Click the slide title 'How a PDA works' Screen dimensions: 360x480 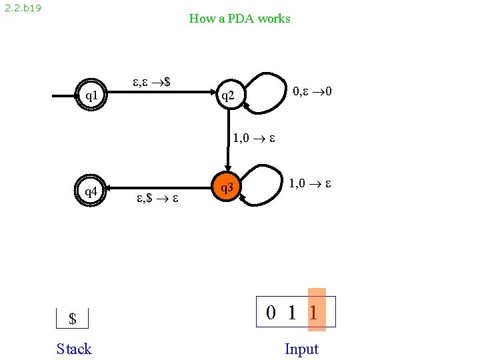[x=239, y=19]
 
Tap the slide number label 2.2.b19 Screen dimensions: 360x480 [x=23, y=10]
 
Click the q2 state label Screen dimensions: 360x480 [x=228, y=96]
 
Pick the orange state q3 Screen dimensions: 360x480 [x=227, y=189]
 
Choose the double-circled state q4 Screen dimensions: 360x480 [x=91, y=191]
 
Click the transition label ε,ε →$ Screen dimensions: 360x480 [x=151, y=83]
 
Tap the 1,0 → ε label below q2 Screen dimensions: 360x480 [x=254, y=139]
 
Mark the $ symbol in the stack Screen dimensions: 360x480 [x=73, y=319]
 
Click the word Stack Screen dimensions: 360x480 [x=74, y=349]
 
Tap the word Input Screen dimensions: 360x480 [x=301, y=349]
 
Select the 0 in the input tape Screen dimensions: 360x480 [x=271, y=312]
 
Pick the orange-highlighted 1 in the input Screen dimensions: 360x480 [x=314, y=312]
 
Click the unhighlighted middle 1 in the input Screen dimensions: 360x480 [x=292, y=312]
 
